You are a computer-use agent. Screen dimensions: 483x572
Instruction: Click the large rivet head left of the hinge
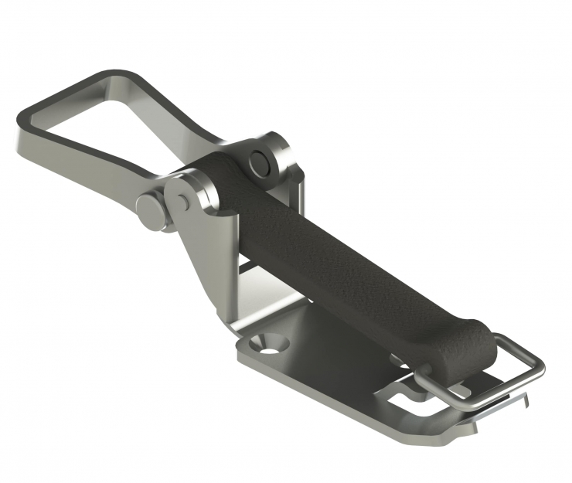coord(152,210)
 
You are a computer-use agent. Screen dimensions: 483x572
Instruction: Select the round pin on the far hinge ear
coord(260,162)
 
